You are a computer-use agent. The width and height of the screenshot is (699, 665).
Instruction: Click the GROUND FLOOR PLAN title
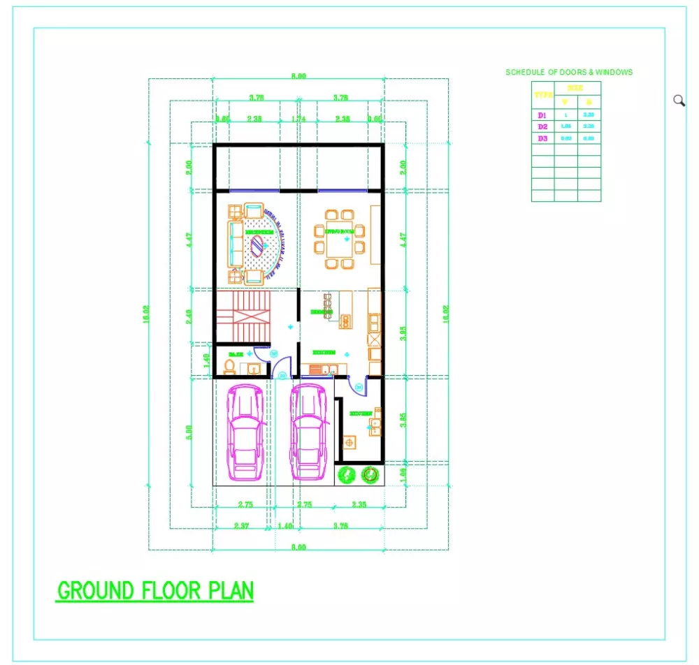tap(155, 590)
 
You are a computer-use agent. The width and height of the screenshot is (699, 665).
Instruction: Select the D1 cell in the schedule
tap(542, 115)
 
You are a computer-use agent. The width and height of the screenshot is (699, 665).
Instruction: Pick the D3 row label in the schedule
tap(542, 138)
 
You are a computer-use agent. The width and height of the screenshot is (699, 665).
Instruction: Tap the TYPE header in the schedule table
tap(543, 94)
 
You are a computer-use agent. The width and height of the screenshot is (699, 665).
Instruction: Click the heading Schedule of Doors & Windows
tap(569, 72)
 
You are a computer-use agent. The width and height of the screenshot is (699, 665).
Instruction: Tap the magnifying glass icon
tap(679, 100)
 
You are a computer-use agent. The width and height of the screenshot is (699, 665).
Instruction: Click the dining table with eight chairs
tap(339, 239)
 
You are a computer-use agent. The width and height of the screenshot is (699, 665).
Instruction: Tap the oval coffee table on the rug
tap(258, 244)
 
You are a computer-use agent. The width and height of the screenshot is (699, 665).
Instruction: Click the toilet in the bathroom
tap(230, 366)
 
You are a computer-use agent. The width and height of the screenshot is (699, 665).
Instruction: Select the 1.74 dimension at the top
tap(298, 119)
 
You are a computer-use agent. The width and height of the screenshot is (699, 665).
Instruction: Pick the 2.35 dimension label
tap(359, 504)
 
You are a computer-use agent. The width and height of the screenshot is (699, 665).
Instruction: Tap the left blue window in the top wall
tap(254, 190)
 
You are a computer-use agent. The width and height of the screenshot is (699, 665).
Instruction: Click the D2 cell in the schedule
tap(542, 126)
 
